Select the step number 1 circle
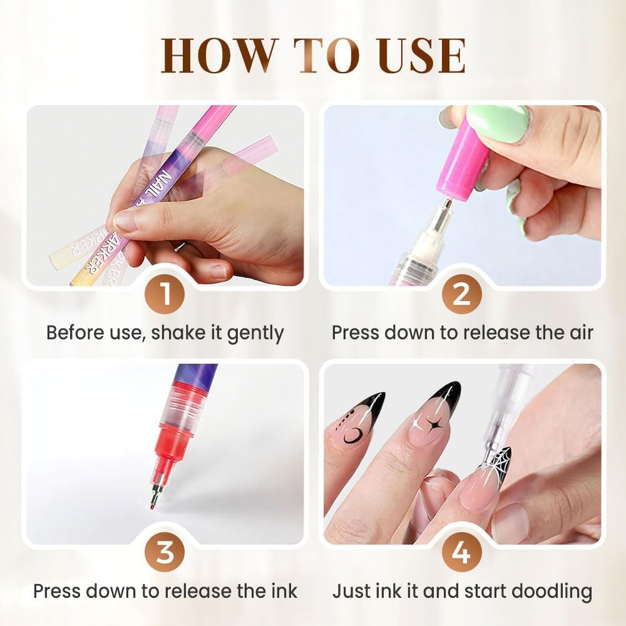[x=165, y=294]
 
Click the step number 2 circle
[x=461, y=294]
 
